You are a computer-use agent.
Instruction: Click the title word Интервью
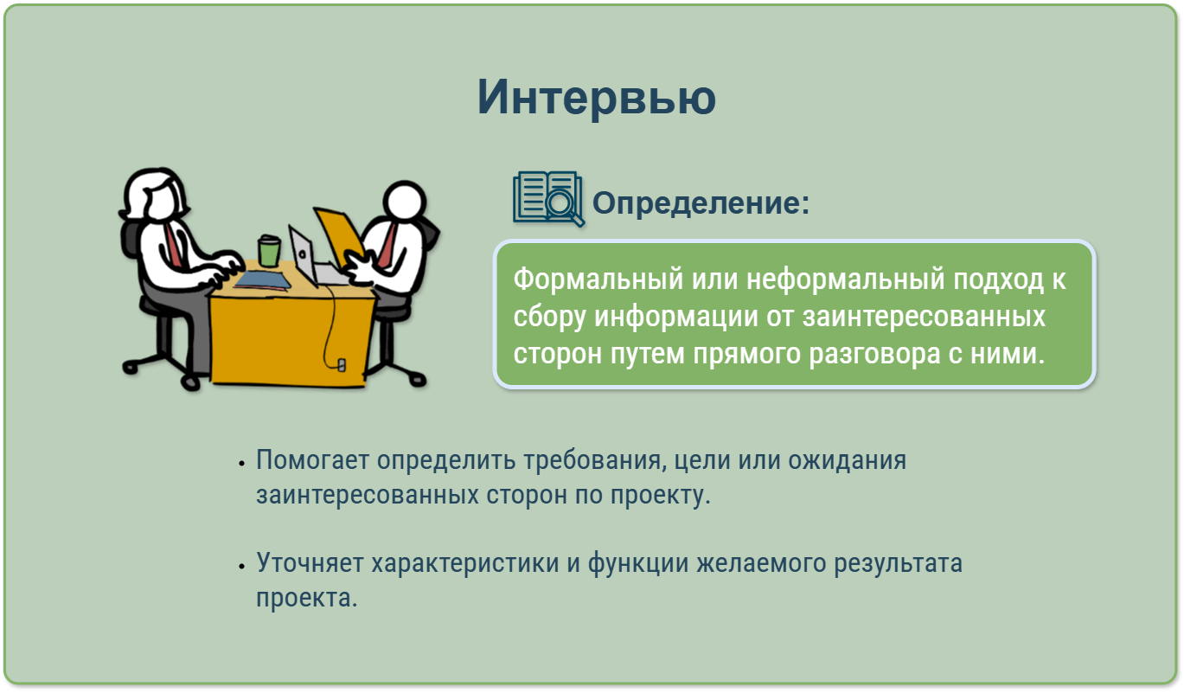(x=596, y=97)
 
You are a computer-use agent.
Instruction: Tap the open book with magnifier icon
(x=548, y=199)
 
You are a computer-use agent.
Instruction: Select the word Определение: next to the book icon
(x=701, y=203)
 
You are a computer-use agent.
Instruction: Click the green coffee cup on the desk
(x=269, y=251)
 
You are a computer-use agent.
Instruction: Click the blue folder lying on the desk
(x=263, y=280)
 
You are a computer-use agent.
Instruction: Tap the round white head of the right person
(x=405, y=201)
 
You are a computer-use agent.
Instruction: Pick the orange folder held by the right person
(x=338, y=235)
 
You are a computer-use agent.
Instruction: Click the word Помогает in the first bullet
(x=312, y=459)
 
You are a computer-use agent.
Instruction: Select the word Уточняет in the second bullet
(x=310, y=562)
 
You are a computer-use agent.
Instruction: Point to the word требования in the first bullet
(x=592, y=460)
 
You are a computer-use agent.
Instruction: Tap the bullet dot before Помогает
(x=241, y=464)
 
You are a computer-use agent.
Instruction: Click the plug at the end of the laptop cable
(x=342, y=365)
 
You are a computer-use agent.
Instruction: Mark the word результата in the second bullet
(x=898, y=563)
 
